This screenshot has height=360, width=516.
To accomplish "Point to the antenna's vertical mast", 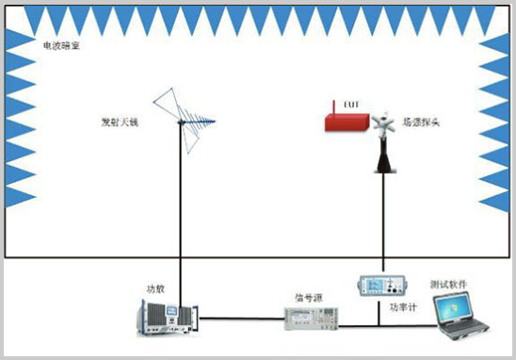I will [x=180, y=207].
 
